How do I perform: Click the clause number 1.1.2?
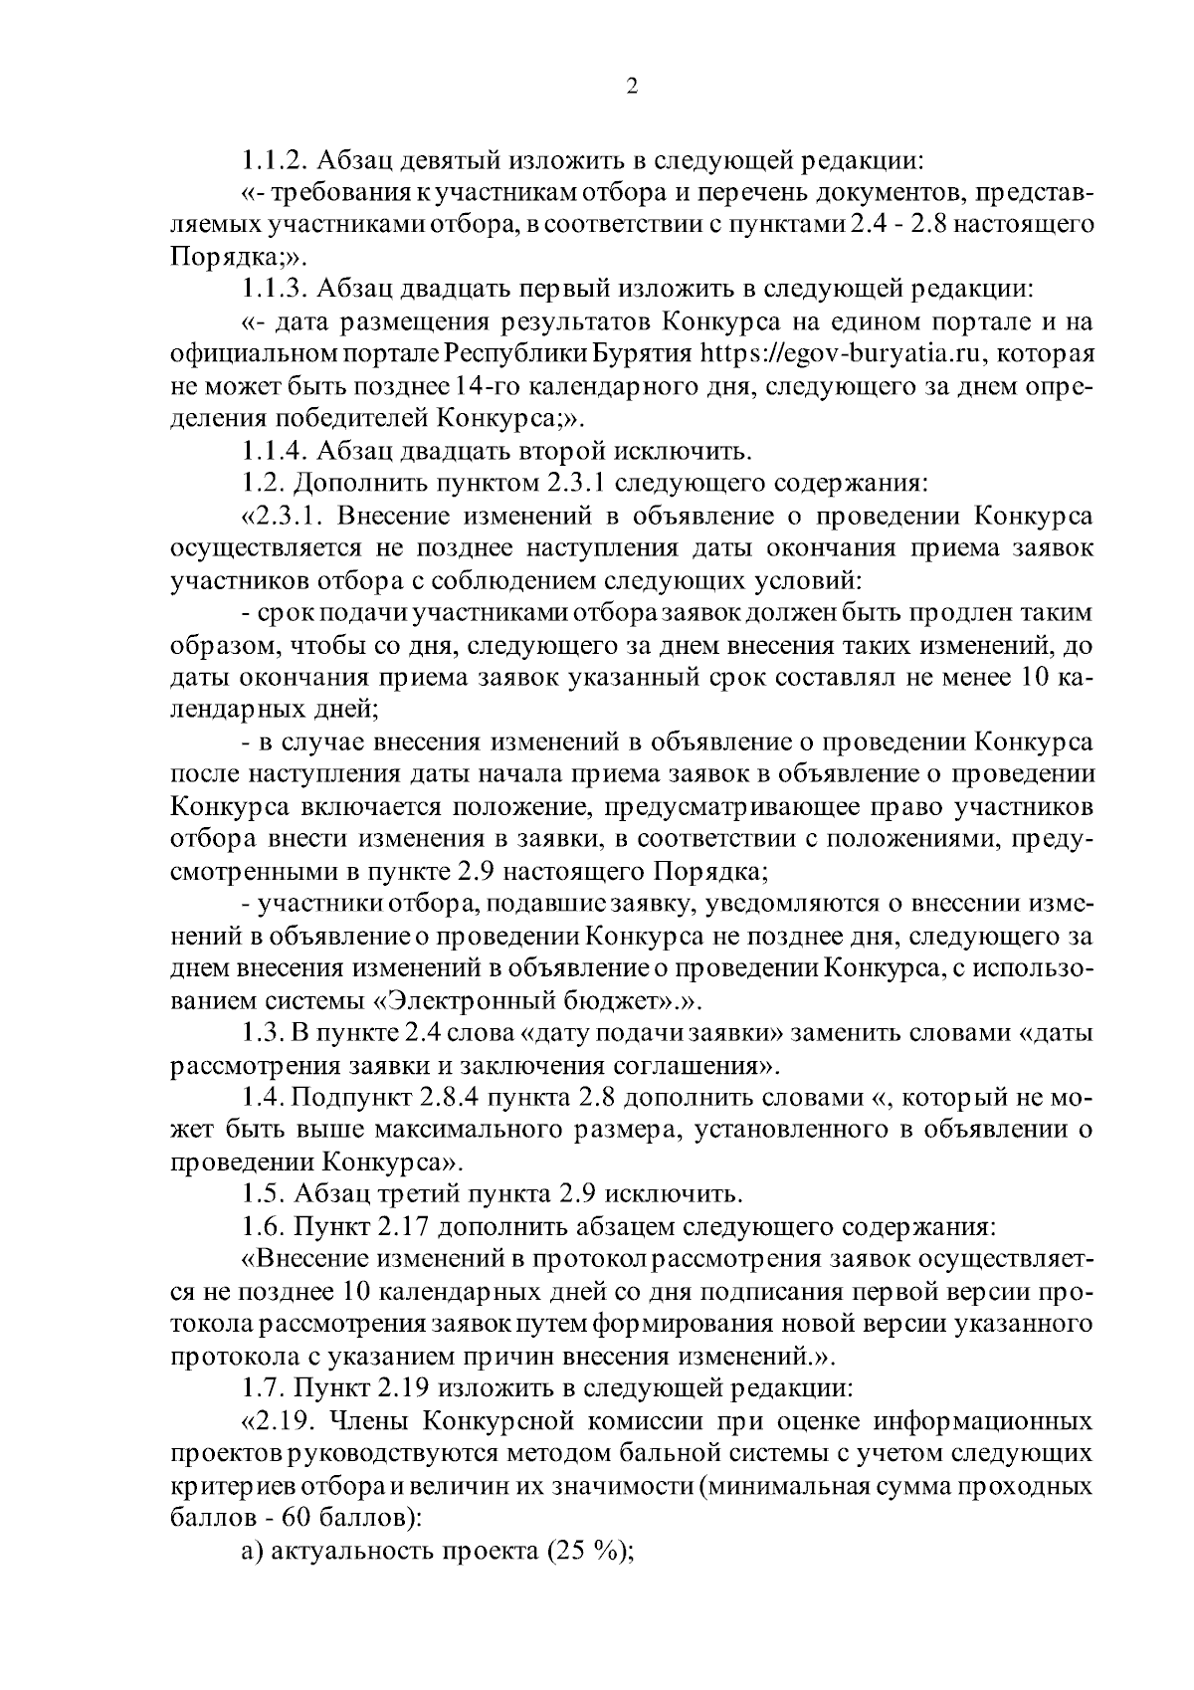(273, 159)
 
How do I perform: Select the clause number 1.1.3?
(274, 290)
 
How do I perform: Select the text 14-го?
(465, 387)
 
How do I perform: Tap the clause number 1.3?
(262, 1033)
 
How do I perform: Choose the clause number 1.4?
(263, 1098)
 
